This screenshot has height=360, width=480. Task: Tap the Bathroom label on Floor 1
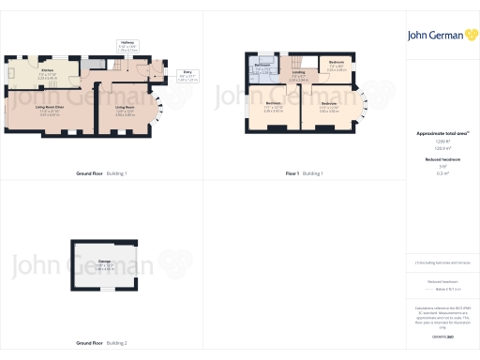click(262, 67)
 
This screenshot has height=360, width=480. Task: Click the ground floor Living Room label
click(125, 109)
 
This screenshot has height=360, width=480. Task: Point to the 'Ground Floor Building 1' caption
click(101, 174)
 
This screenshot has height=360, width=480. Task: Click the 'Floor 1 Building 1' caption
click(304, 174)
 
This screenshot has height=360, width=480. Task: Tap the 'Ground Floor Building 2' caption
click(101, 343)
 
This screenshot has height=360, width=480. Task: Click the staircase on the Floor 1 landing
click(297, 60)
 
